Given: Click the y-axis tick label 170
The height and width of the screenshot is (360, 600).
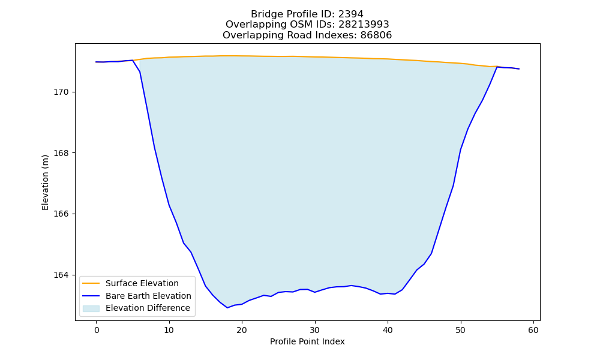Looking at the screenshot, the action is [x=61, y=92].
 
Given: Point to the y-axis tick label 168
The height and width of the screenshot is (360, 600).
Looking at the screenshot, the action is [x=61, y=153].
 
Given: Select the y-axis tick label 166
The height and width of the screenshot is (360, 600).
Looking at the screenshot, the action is [x=61, y=214].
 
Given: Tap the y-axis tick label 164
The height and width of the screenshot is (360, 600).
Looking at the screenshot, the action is [x=61, y=275].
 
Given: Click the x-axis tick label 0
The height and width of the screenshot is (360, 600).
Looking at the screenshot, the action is [x=97, y=331].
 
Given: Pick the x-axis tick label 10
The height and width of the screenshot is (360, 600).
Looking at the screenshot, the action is [x=169, y=331].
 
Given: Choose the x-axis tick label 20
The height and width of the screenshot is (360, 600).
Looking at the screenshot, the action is [x=242, y=331].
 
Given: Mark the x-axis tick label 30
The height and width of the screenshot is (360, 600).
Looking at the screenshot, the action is [x=315, y=331].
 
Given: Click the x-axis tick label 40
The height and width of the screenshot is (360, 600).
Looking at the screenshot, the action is [x=388, y=331].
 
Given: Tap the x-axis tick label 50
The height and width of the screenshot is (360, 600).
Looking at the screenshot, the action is [x=461, y=331].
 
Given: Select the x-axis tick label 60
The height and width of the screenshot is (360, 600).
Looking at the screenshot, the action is [x=533, y=331].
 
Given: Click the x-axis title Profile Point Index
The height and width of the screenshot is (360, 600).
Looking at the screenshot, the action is [x=307, y=341].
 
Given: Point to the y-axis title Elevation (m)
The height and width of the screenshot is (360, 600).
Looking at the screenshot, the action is [x=46, y=182].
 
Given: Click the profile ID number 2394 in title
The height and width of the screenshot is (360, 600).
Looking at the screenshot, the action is [x=351, y=14].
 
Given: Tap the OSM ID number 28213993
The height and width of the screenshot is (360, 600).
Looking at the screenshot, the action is [x=364, y=25].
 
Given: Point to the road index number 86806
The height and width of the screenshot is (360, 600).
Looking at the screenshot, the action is [x=376, y=35].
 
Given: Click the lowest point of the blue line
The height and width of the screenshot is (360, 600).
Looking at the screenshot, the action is [x=227, y=308].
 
